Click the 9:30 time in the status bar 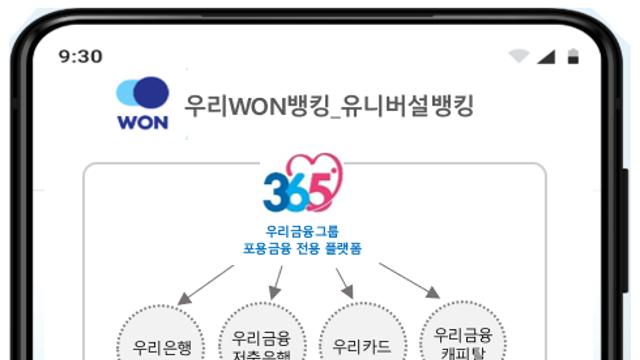pos(80,56)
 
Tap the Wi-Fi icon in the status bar pos(518,56)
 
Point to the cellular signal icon pos(546,56)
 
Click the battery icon pos(572,56)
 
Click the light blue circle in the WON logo pos(128,93)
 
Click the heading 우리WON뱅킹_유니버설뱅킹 pos(329,104)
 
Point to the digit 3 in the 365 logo pos(274,191)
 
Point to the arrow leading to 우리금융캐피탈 pos(410,280)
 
